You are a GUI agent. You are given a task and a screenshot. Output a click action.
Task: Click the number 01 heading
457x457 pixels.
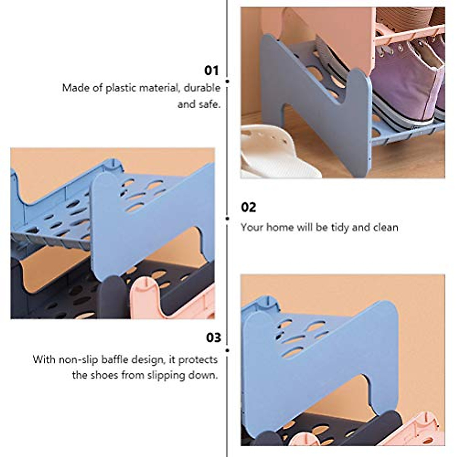click(212, 70)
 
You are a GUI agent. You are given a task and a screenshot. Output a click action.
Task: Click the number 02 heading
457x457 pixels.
click(249, 207)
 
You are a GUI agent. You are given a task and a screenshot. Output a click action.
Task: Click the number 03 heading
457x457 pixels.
click(213, 337)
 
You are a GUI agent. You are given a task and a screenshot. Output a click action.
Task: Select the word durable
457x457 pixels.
click(202, 88)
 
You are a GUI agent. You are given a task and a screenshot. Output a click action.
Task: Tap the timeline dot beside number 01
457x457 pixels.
click(227, 81)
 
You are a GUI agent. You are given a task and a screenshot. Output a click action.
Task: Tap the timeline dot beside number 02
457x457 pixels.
click(227, 219)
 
